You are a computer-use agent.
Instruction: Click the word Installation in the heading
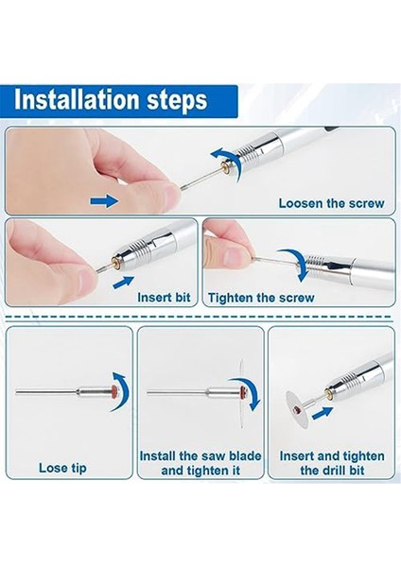click(x=77, y=100)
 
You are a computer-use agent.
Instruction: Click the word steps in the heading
click(x=177, y=101)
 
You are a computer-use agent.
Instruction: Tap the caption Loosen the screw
click(x=331, y=203)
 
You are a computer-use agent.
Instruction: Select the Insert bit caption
click(x=164, y=298)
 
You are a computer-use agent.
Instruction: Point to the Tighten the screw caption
click(x=261, y=298)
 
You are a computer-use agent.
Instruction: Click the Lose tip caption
click(x=62, y=468)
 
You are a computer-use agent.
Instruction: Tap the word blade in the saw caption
click(x=245, y=455)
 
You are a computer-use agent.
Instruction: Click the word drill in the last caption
click(x=333, y=471)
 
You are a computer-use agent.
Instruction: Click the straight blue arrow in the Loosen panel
click(x=104, y=200)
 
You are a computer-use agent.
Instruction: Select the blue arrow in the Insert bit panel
click(x=123, y=282)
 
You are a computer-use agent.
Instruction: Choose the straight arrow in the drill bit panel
click(x=323, y=413)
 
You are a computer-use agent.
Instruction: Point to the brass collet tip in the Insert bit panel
click(x=115, y=265)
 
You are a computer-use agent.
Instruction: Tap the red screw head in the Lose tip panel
click(x=115, y=390)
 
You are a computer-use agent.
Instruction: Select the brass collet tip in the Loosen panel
click(x=225, y=167)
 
